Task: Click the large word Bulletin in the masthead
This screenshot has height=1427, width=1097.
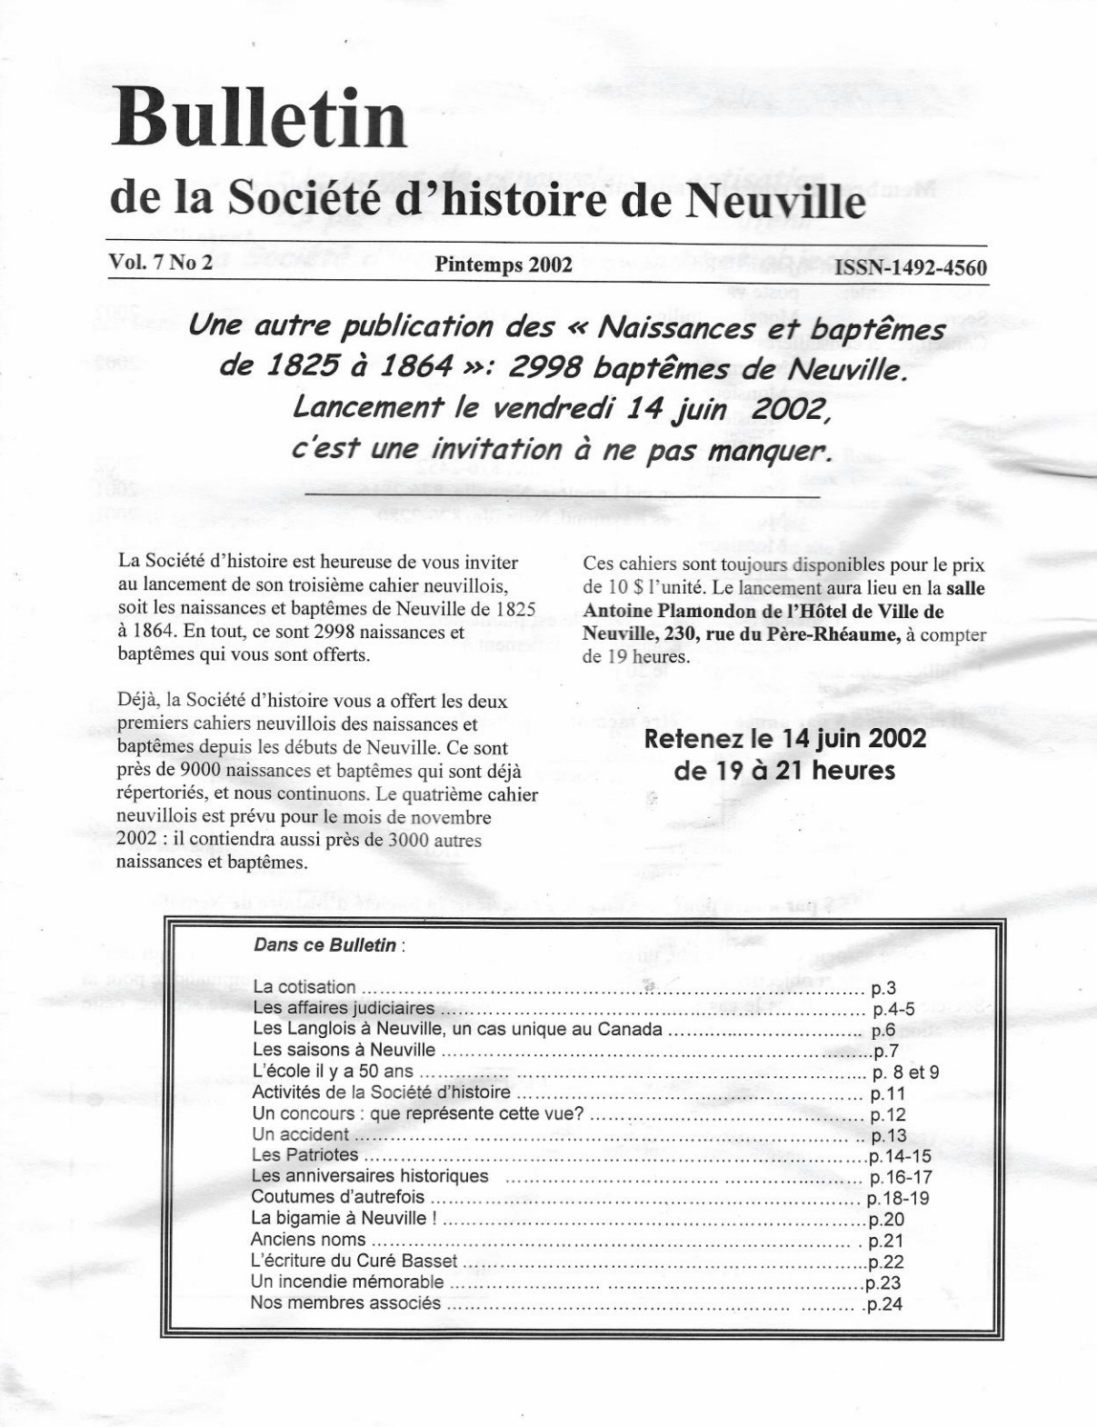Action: tap(259, 122)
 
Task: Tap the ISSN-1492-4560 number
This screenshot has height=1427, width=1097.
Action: tap(911, 267)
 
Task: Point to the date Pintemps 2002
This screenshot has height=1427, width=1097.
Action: tap(503, 264)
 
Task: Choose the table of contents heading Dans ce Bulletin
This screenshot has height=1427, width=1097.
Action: tap(325, 945)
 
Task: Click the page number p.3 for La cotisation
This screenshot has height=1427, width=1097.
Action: tap(883, 987)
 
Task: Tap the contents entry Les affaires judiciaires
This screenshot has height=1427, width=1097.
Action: tap(344, 1008)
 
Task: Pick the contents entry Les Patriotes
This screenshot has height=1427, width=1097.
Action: tap(304, 1155)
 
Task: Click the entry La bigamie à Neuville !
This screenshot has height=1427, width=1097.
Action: tap(344, 1219)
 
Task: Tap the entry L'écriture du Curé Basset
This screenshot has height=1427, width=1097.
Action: tap(354, 1262)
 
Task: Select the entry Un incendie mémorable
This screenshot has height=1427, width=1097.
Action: tap(347, 1282)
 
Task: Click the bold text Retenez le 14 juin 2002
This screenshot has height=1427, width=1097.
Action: tap(784, 738)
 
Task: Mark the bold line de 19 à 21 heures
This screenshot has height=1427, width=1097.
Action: tap(784, 771)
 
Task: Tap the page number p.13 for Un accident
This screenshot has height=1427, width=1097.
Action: tap(888, 1136)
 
